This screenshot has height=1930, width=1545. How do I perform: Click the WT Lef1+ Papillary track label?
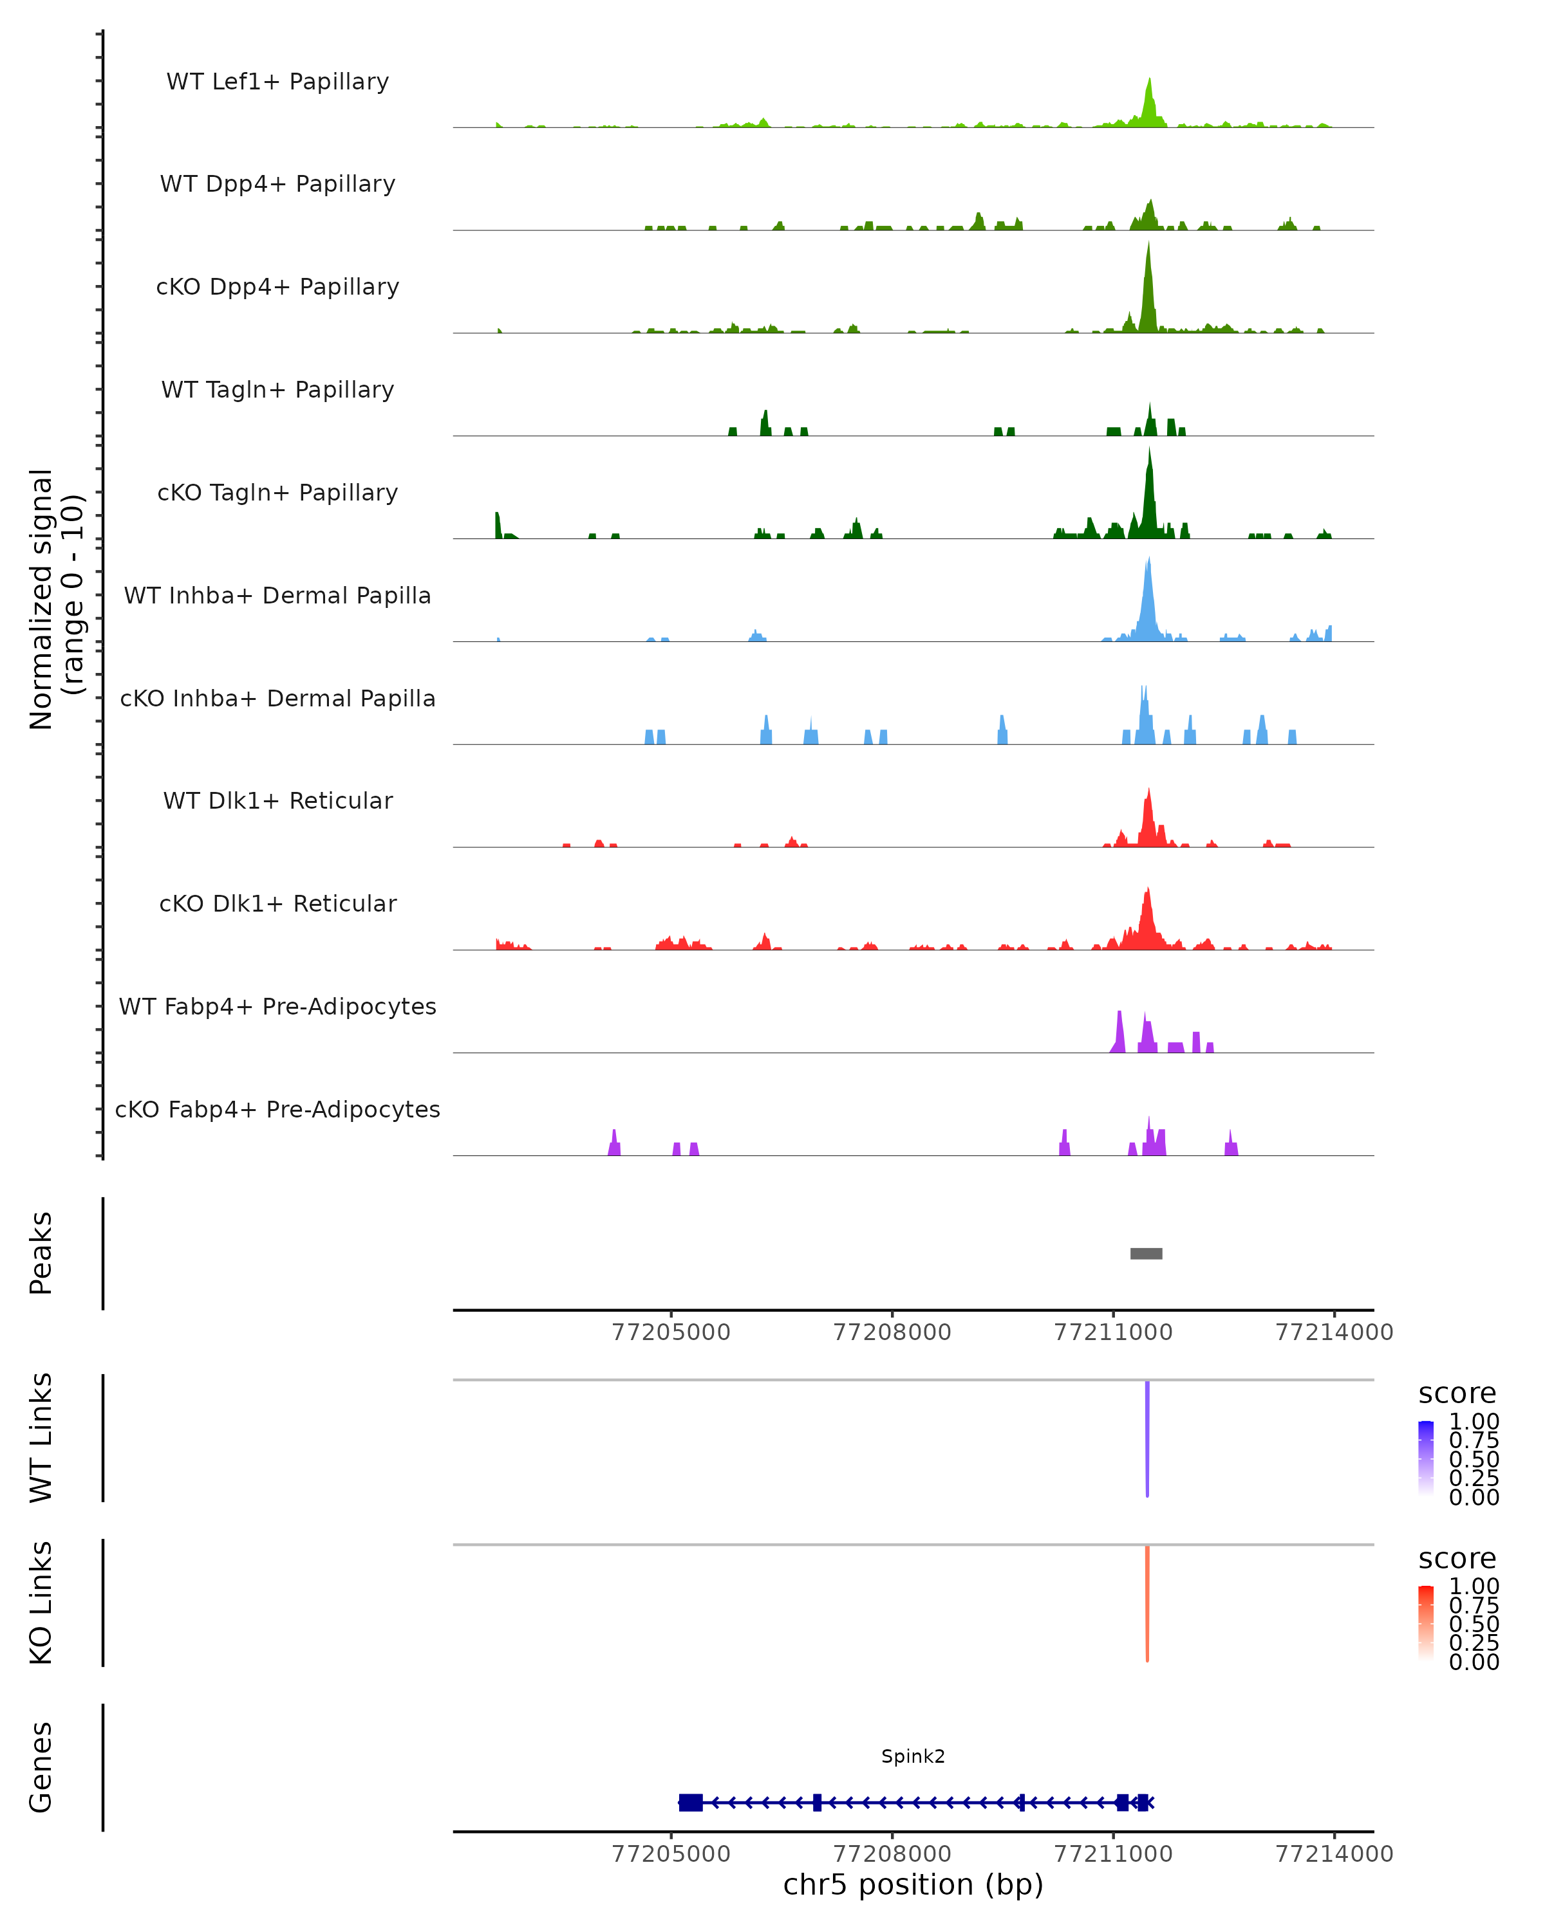tap(277, 82)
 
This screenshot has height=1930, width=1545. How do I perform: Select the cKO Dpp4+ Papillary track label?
tap(277, 288)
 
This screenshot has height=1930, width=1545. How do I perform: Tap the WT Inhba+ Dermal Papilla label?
tap(277, 596)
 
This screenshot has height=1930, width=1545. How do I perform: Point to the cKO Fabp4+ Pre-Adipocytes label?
tap(277, 1110)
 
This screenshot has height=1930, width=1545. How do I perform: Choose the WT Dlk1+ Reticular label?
tap(277, 801)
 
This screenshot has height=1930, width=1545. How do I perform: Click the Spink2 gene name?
tap(913, 1756)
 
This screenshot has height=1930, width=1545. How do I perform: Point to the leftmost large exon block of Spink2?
tap(691, 1803)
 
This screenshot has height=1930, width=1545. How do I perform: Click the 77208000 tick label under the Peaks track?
tap(892, 1333)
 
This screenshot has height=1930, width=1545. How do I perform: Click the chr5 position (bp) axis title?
tap(913, 1885)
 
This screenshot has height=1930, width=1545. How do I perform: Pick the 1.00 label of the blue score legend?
tap(1474, 1422)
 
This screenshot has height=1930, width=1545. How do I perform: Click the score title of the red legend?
tap(1456, 1559)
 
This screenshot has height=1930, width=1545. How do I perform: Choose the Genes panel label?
tap(41, 1767)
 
